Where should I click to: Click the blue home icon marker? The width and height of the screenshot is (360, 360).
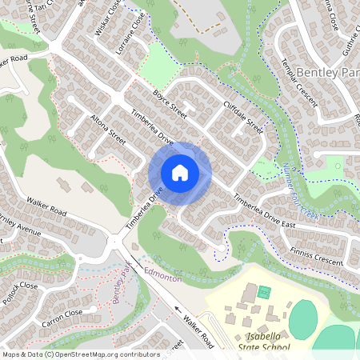[x=180, y=173]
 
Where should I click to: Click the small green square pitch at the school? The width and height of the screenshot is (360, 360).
[x=265, y=293]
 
